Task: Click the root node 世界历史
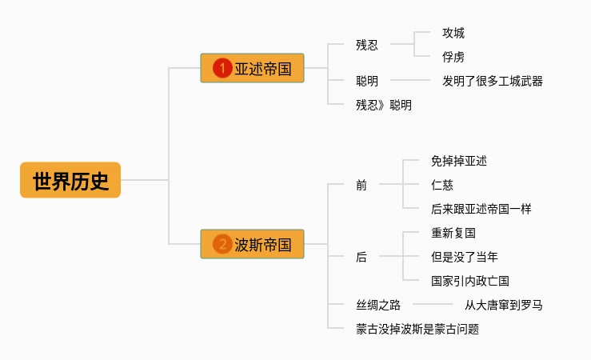click(70, 180)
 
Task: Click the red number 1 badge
click(222, 69)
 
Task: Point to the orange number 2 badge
click(222, 244)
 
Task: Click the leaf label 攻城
click(453, 33)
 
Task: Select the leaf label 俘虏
click(453, 57)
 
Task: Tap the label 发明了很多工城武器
click(493, 81)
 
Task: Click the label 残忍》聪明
click(384, 105)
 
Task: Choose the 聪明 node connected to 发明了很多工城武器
click(367, 81)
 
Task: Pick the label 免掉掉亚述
click(459, 161)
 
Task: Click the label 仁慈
click(442, 185)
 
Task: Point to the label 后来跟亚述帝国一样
click(481, 209)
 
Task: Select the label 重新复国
click(453, 233)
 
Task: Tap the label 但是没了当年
click(465, 257)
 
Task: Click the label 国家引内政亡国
click(470, 281)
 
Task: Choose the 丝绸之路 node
click(378, 305)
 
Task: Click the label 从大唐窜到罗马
click(504, 305)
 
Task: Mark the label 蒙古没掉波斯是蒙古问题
click(417, 329)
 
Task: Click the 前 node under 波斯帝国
click(361, 185)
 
